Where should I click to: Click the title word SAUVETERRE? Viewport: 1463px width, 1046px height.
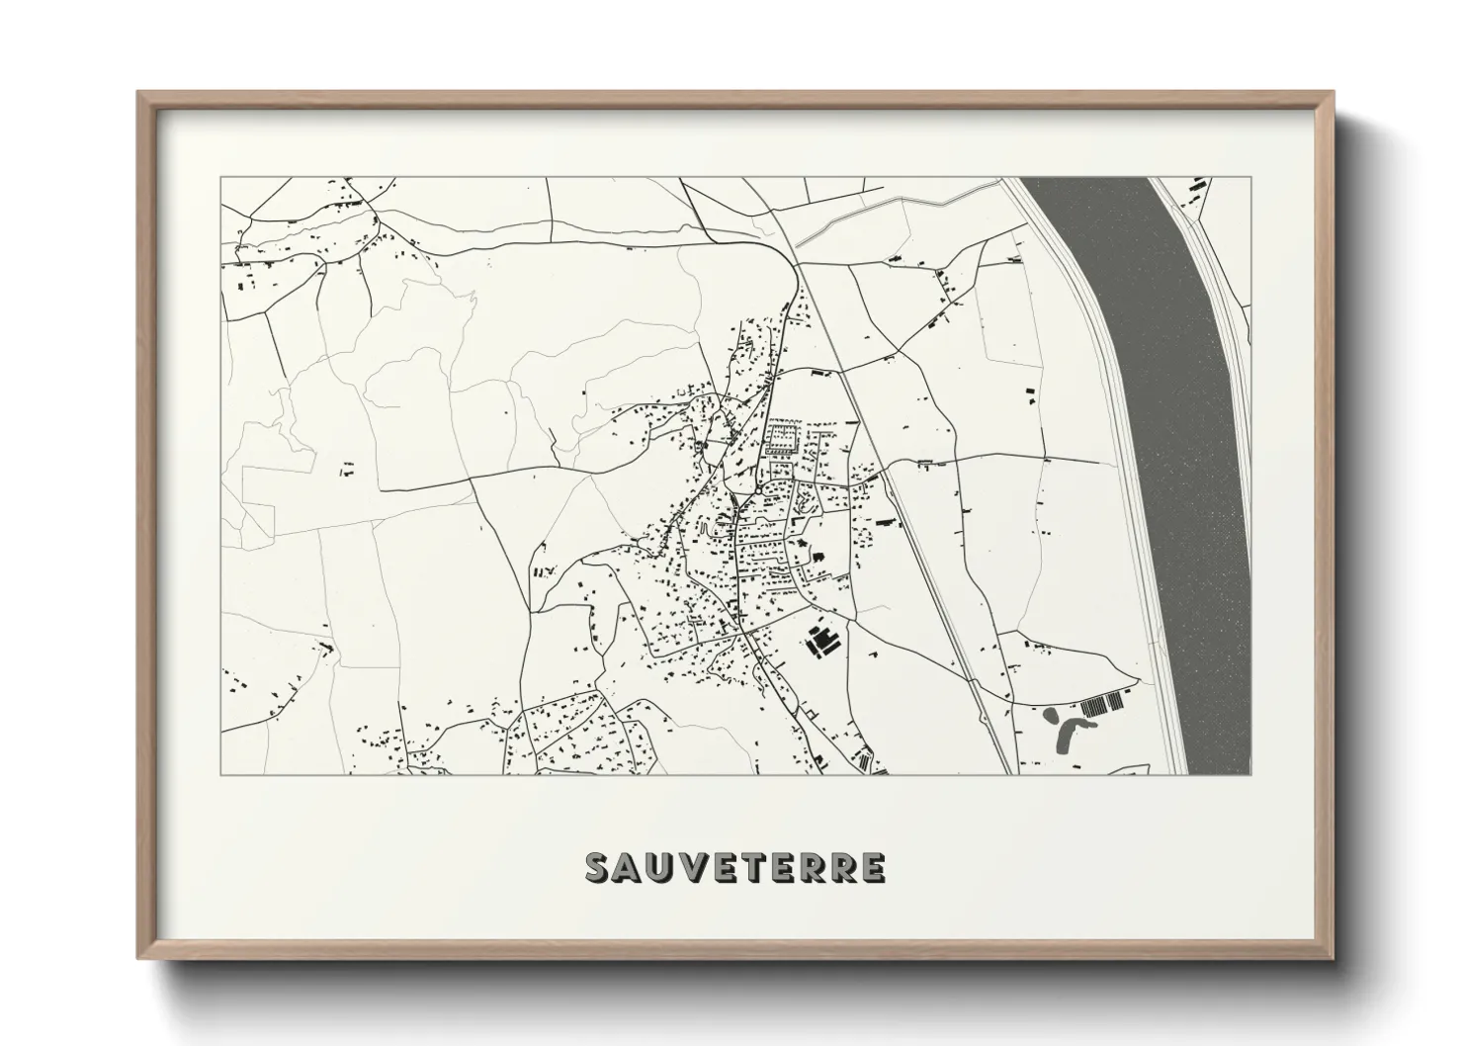735,867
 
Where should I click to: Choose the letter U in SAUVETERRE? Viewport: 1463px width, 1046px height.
659,867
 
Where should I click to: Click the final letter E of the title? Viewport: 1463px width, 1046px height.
872,867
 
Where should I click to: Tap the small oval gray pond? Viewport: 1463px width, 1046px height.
1050,713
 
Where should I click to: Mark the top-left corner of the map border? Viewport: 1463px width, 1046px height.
220,178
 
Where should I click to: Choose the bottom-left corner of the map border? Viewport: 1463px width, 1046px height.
220,774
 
